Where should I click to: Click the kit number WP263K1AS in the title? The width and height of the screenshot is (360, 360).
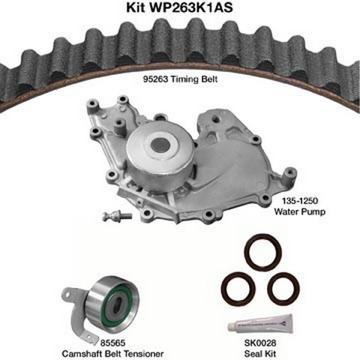point(190,7)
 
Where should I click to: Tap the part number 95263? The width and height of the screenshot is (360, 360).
point(155,79)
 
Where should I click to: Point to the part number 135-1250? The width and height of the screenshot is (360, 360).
point(300,200)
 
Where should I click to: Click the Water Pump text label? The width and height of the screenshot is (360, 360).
point(300,211)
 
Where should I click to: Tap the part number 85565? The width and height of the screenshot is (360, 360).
point(112,343)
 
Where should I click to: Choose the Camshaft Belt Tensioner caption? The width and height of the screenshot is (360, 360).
point(112,354)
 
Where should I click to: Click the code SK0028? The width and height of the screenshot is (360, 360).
point(260,343)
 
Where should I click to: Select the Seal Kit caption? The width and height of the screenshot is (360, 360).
point(260,354)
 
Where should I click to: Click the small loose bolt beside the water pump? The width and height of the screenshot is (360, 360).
point(117,215)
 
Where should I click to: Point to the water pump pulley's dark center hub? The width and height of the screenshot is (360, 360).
point(160,145)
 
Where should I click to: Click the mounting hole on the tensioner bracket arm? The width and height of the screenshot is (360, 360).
point(67,295)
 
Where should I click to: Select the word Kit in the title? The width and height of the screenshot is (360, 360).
point(136,7)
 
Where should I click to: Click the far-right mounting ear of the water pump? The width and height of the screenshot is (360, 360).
point(289,172)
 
